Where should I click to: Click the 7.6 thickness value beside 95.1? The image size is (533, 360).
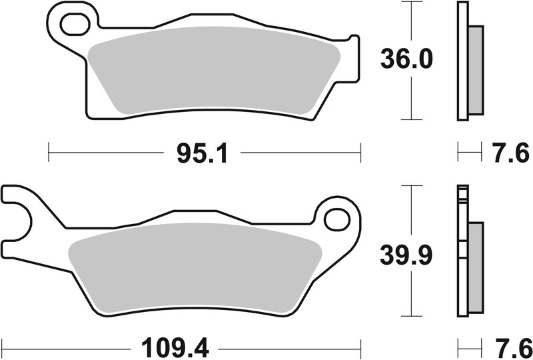point(513,154)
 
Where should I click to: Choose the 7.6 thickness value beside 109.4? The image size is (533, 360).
point(513,347)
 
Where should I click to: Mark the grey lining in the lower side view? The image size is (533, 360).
point(475,267)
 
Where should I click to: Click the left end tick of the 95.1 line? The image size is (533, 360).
point(49,154)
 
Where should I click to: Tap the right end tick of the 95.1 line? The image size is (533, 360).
point(360,154)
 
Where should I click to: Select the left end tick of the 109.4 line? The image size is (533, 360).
point(2,347)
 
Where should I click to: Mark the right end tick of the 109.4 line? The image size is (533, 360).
point(360,347)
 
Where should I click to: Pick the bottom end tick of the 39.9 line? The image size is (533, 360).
point(413,316)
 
